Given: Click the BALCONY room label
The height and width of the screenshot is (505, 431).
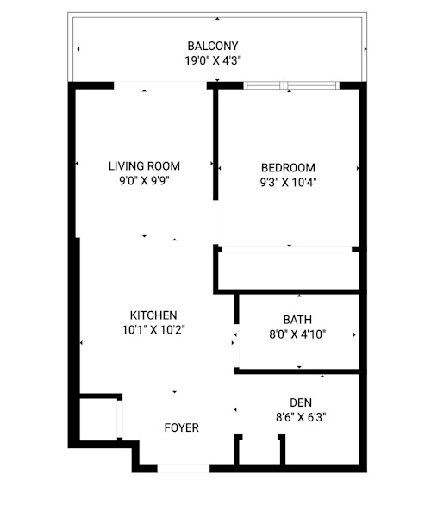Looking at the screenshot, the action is tap(213, 46).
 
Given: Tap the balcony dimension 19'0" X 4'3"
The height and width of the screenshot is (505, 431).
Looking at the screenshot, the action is tap(213, 60).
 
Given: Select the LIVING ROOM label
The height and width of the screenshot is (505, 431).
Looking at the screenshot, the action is tap(144, 166).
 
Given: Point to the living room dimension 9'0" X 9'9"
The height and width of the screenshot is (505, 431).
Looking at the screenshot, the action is tap(144, 181).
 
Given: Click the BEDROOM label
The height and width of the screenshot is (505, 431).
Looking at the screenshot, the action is tap(288, 168).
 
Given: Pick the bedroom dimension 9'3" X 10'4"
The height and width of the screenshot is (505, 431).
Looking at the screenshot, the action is tap(288, 183).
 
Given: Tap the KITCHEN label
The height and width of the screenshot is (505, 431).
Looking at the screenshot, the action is tap(153, 315).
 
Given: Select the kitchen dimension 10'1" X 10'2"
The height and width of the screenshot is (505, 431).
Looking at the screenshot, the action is tap(153, 330).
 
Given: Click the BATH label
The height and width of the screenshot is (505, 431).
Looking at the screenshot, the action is tap(297, 320).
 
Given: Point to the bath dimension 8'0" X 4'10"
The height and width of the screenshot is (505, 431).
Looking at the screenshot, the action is tap(297, 334).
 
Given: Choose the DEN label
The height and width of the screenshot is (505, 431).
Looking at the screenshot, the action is tap(301, 402).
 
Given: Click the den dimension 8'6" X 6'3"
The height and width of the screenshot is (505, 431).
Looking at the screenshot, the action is tap(301, 417).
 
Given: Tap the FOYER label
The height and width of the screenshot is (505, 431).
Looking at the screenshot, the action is tap(181, 427).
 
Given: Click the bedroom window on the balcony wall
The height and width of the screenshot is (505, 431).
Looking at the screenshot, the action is tap(291, 85).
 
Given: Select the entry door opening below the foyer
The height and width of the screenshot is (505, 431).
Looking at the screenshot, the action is tap(184, 469).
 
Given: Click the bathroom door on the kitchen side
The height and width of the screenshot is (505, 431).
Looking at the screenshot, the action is tap(236, 346).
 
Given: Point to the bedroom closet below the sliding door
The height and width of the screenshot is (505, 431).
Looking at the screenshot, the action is tap(289, 271).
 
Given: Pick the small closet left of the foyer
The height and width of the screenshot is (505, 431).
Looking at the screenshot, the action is tap(98, 420).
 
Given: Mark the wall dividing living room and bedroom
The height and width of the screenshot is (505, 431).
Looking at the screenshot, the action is tap(215, 144).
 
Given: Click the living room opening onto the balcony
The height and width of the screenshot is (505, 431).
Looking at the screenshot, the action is tap(160, 85).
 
